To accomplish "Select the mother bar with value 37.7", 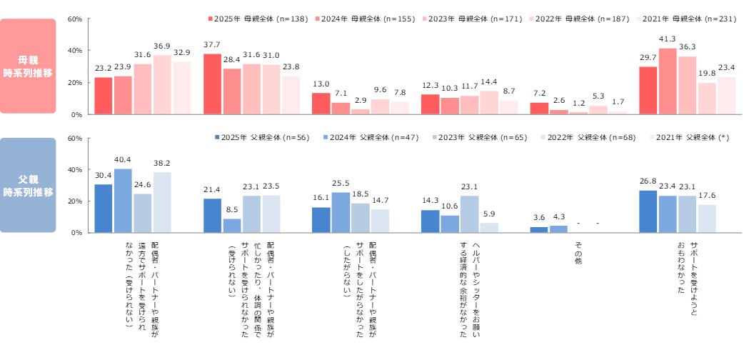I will (x=213, y=84).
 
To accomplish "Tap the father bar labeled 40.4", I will (x=123, y=201).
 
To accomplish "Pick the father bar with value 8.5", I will (x=232, y=226).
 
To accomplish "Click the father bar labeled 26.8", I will (x=648, y=211).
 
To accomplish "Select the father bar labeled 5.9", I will (x=489, y=228).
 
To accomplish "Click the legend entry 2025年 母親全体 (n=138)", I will (x=246, y=19).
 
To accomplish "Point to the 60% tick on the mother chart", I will (x=76, y=19).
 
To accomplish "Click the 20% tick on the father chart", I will (x=76, y=201).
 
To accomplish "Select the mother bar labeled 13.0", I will (x=321, y=104).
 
